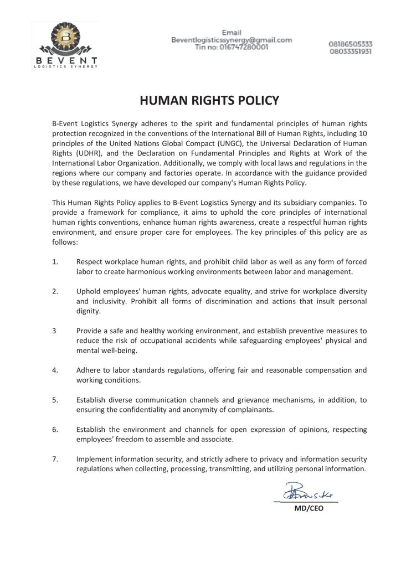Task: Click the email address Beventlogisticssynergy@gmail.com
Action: click(x=232, y=40)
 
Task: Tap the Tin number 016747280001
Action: click(x=232, y=48)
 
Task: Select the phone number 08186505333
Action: click(x=351, y=44)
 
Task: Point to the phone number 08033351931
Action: click(x=351, y=51)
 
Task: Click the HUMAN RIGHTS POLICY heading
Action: click(x=202, y=101)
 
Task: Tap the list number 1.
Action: click(x=55, y=261)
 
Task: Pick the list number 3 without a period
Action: click(x=54, y=331)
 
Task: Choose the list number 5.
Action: click(x=55, y=399)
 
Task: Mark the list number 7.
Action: click(x=55, y=459)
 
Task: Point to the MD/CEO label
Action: click(x=309, y=508)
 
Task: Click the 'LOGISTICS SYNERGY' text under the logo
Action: click(x=65, y=67)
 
